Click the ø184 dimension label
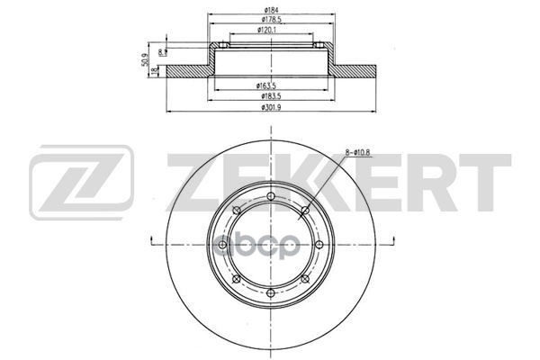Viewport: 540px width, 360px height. pos(272,10)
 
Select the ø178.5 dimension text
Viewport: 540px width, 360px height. pos(272,20)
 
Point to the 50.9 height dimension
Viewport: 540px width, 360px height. pos(145,59)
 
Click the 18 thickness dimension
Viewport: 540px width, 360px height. pos(154,71)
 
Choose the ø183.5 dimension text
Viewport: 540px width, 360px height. pos(272,96)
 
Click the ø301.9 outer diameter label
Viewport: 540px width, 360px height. pos(272,107)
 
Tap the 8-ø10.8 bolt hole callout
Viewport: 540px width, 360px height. pos(357,152)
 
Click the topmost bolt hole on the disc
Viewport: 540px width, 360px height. pos(271,196)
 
